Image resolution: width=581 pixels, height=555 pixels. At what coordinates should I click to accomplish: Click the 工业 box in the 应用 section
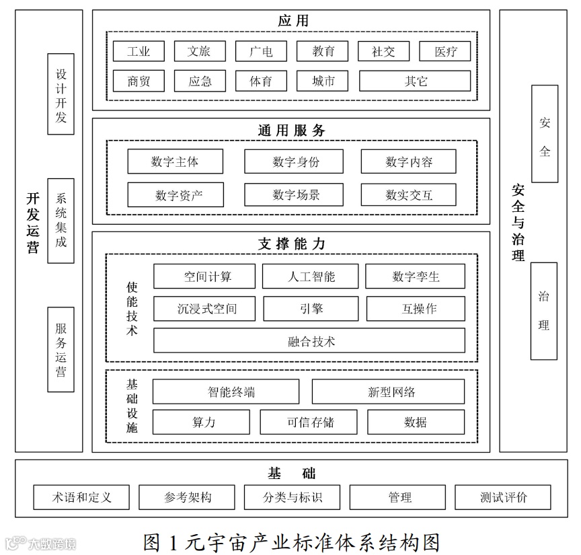(x=139, y=51)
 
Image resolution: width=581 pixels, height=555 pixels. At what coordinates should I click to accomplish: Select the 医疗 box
(x=445, y=51)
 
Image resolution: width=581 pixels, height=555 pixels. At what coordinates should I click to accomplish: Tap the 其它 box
(x=415, y=81)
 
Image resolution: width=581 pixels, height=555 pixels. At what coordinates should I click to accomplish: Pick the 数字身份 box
(x=293, y=161)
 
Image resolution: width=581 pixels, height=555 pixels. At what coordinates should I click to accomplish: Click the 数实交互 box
(x=408, y=195)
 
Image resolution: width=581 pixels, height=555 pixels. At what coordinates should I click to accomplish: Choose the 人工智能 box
(x=311, y=276)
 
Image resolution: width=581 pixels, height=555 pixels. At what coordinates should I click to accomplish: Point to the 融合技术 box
(x=309, y=340)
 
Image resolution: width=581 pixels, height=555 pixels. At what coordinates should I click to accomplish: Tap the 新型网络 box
(x=388, y=392)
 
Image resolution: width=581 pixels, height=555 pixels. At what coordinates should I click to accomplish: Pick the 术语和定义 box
(x=82, y=497)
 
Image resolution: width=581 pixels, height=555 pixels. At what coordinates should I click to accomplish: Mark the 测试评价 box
(x=503, y=497)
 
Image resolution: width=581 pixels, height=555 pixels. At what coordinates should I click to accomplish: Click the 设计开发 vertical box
(x=61, y=94)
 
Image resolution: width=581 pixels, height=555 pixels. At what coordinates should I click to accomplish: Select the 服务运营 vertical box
(x=61, y=349)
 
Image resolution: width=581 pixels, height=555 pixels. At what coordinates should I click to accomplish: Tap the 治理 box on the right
(x=544, y=311)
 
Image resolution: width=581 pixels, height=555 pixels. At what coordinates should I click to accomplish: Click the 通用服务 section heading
(x=291, y=130)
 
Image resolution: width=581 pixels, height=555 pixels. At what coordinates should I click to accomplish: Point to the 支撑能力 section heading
(x=291, y=244)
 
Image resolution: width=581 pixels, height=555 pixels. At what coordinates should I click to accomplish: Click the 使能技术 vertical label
(x=132, y=307)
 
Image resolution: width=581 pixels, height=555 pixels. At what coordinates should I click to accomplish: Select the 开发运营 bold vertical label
(x=33, y=223)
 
